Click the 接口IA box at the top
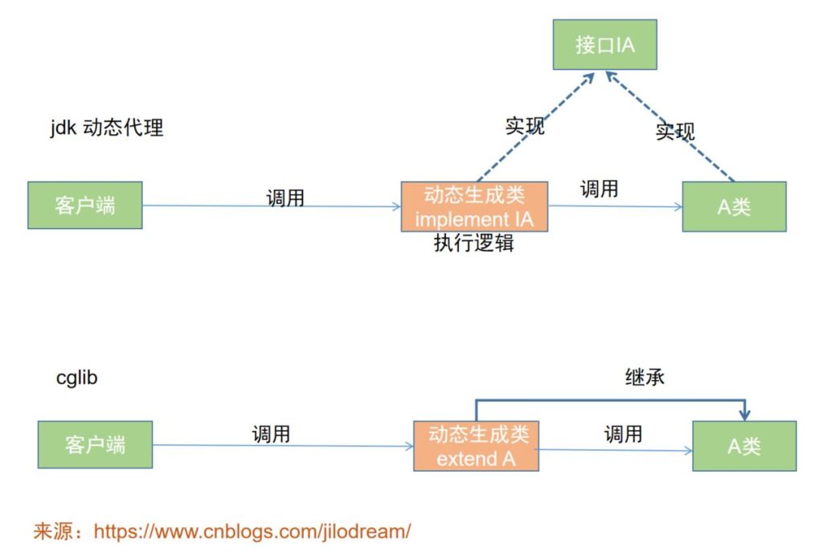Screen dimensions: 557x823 (x=604, y=44)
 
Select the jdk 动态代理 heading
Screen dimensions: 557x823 (x=107, y=128)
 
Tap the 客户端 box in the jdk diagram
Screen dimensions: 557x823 (x=85, y=206)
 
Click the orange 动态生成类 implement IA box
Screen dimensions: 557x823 (x=474, y=207)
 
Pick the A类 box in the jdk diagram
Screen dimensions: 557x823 (x=734, y=207)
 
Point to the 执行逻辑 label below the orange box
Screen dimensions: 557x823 (x=473, y=244)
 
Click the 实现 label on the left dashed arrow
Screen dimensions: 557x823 (x=525, y=126)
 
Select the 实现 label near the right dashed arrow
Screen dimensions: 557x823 (x=675, y=131)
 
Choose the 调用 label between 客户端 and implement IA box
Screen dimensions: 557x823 (x=285, y=198)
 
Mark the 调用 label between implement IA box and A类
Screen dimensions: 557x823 (x=599, y=189)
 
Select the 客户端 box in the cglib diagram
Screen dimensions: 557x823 (x=95, y=444)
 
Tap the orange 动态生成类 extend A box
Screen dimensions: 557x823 (x=477, y=446)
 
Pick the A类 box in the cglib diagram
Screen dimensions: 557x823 (x=744, y=446)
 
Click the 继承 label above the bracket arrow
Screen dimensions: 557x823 (x=645, y=376)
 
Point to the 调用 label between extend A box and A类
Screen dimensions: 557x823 (x=623, y=435)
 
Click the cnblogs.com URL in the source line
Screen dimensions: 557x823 (x=252, y=531)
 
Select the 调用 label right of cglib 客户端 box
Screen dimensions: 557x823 (x=271, y=435)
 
